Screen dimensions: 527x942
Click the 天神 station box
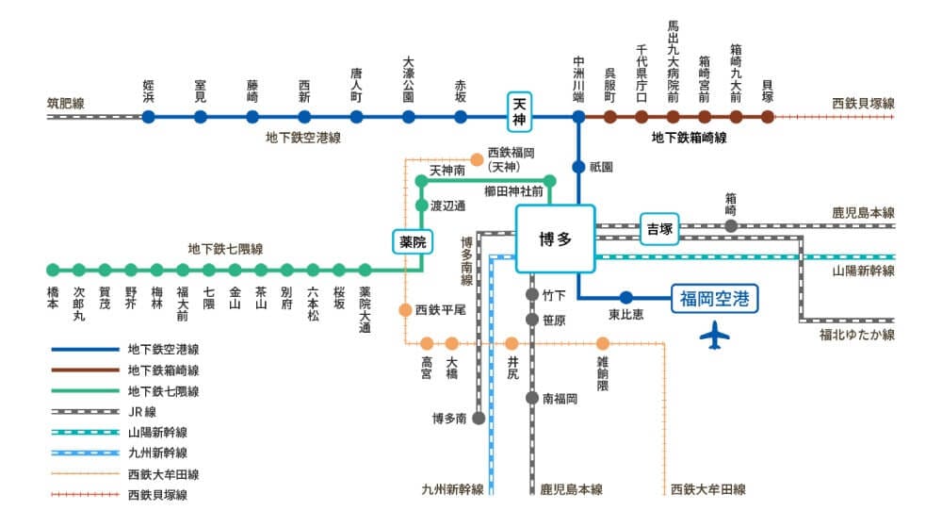pyautogui.click(x=520, y=109)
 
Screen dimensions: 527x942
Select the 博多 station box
pyautogui.click(x=555, y=239)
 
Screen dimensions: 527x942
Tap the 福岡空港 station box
pyautogui.click(x=714, y=299)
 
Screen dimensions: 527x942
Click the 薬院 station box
pyautogui.click(x=413, y=241)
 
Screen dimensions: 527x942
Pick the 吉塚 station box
pyautogui.click(x=660, y=229)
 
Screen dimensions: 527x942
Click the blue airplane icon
pyautogui.click(x=718, y=334)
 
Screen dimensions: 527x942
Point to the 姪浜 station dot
pyautogui.click(x=149, y=117)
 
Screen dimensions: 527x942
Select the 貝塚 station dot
pyautogui.click(x=768, y=117)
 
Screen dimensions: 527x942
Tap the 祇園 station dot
pyautogui.click(x=578, y=167)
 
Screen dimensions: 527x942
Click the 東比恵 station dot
pyautogui.click(x=625, y=298)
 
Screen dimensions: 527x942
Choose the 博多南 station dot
pyautogui.click(x=479, y=418)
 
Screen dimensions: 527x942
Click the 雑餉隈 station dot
pyautogui.click(x=603, y=343)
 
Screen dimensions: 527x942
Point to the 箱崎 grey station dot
pyautogui.click(x=731, y=226)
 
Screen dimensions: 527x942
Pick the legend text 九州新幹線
pyautogui.click(x=156, y=453)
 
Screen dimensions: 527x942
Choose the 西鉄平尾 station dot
pyautogui.click(x=405, y=309)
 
